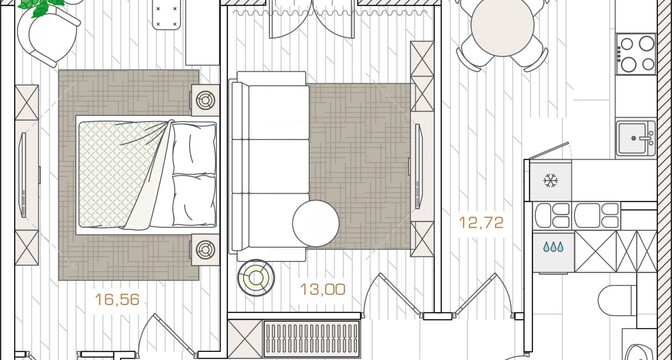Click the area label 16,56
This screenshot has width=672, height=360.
(x=117, y=299)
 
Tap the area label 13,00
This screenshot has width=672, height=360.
(x=323, y=289)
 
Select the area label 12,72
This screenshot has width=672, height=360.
(x=481, y=222)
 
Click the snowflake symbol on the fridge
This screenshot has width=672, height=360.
(x=550, y=180)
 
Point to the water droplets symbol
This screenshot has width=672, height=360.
(x=553, y=247)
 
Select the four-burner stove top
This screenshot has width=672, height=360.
(x=637, y=54)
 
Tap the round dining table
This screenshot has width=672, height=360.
(x=502, y=27)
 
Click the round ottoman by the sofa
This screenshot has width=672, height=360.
(x=316, y=223)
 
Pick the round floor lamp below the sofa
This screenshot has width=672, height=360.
(x=256, y=278)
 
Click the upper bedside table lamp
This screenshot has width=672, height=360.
(x=205, y=100)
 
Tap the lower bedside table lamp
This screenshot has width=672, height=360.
(x=205, y=249)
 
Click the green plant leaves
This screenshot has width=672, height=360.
(x=42, y=6)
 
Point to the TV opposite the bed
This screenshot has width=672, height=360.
(x=23, y=175)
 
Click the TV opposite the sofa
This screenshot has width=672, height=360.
(x=418, y=166)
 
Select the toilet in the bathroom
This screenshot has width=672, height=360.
(x=617, y=300)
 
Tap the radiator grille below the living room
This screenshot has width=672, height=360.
(x=312, y=339)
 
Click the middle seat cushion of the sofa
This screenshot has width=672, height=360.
(x=270, y=166)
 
